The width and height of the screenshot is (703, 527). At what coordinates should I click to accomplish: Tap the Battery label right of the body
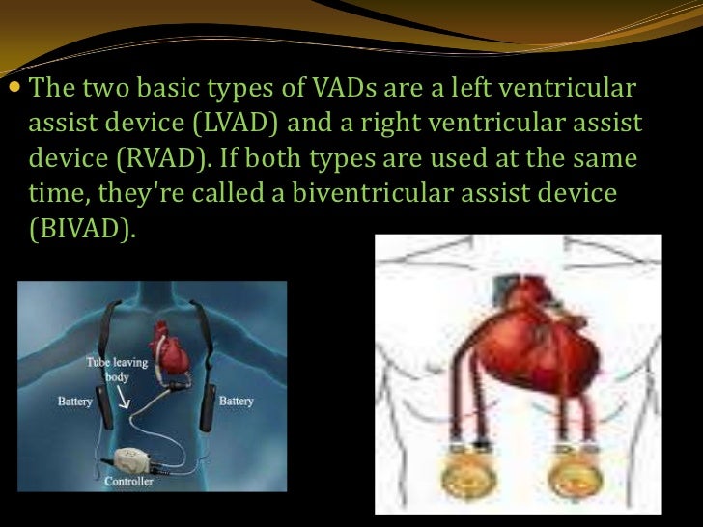pyautogui.click(x=238, y=398)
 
